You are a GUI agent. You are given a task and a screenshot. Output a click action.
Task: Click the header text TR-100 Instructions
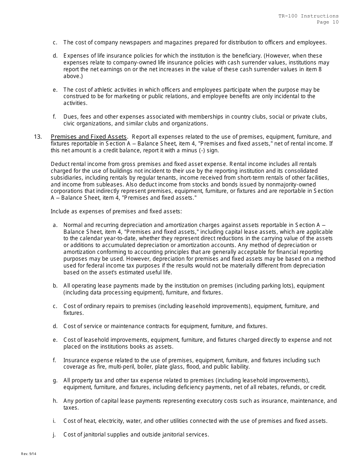click(308, 16)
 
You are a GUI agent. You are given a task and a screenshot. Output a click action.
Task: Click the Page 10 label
click(328, 22)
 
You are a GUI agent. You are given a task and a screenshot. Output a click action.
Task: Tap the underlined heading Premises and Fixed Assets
click(89, 137)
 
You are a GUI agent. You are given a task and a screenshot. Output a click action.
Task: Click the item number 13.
click(38, 137)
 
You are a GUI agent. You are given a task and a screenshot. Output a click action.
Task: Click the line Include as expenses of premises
click(116, 211)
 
